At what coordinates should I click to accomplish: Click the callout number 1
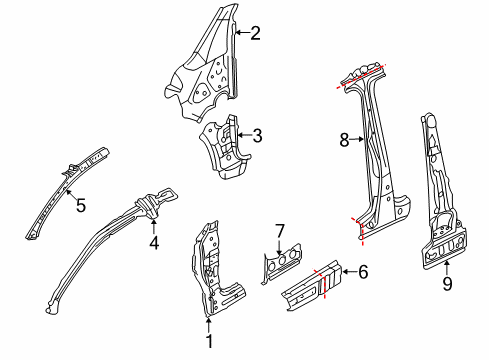[209, 341]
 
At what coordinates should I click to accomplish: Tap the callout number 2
[255, 33]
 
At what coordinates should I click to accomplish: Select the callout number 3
[257, 136]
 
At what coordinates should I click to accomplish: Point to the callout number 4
[154, 243]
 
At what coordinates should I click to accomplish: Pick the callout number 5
[81, 205]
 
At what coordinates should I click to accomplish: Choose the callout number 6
[363, 272]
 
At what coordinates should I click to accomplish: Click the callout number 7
[280, 231]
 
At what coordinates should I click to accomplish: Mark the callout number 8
[344, 140]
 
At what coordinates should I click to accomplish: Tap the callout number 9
[447, 284]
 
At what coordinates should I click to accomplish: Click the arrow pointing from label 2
[242, 32]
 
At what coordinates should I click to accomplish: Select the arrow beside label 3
[244, 135]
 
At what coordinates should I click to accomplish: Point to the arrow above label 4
[153, 227]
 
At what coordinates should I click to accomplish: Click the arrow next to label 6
[349, 272]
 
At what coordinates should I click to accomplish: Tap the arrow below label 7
[279, 248]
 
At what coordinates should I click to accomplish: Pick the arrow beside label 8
[357, 140]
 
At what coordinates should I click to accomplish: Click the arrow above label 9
[447, 267]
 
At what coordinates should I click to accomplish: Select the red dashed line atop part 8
[361, 76]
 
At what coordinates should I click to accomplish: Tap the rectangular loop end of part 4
[167, 195]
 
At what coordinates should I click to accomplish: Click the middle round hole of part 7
[283, 258]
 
